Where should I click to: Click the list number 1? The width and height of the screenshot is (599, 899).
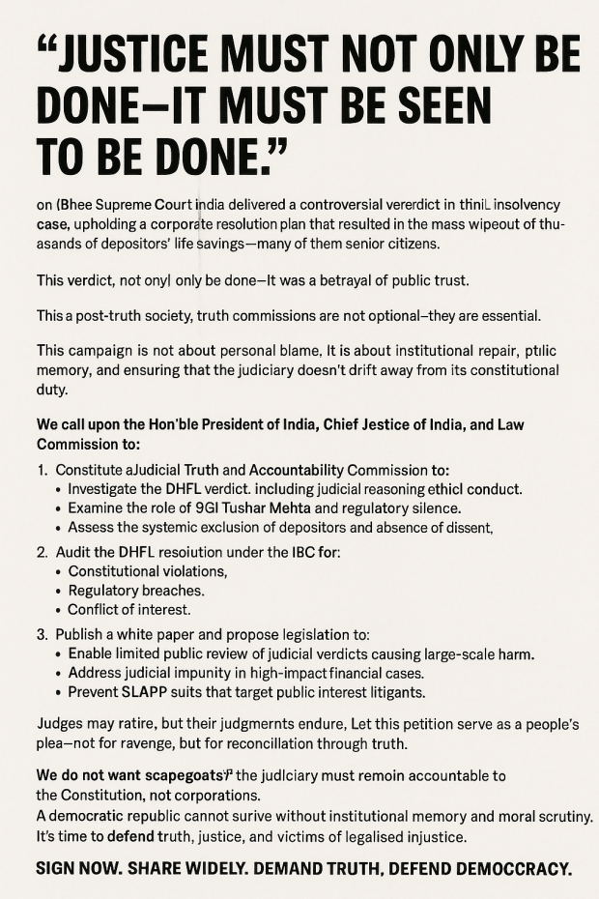(x=42, y=470)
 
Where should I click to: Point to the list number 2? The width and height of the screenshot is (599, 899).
(x=42, y=552)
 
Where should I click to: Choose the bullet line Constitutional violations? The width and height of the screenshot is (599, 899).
(x=148, y=571)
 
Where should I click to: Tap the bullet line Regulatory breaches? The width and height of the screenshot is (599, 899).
(x=136, y=591)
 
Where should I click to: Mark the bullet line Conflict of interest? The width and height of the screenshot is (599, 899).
(x=129, y=610)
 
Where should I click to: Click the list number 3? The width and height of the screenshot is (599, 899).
(x=42, y=635)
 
